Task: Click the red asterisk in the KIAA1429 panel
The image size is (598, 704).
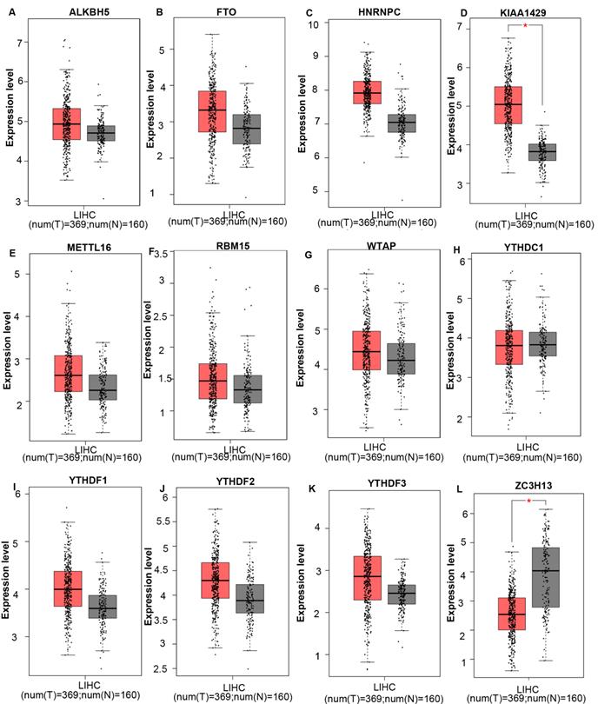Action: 526,26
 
